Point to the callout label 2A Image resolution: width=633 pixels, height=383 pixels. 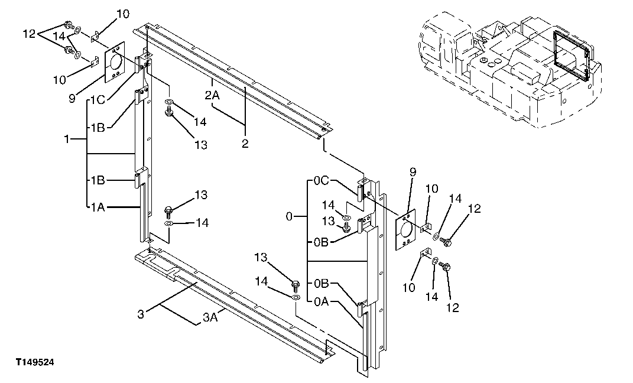[x=213, y=95]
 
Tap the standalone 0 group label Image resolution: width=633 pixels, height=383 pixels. [x=289, y=217]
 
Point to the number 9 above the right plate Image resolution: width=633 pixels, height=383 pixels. [x=413, y=171]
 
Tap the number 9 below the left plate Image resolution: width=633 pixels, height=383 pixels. [x=72, y=99]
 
